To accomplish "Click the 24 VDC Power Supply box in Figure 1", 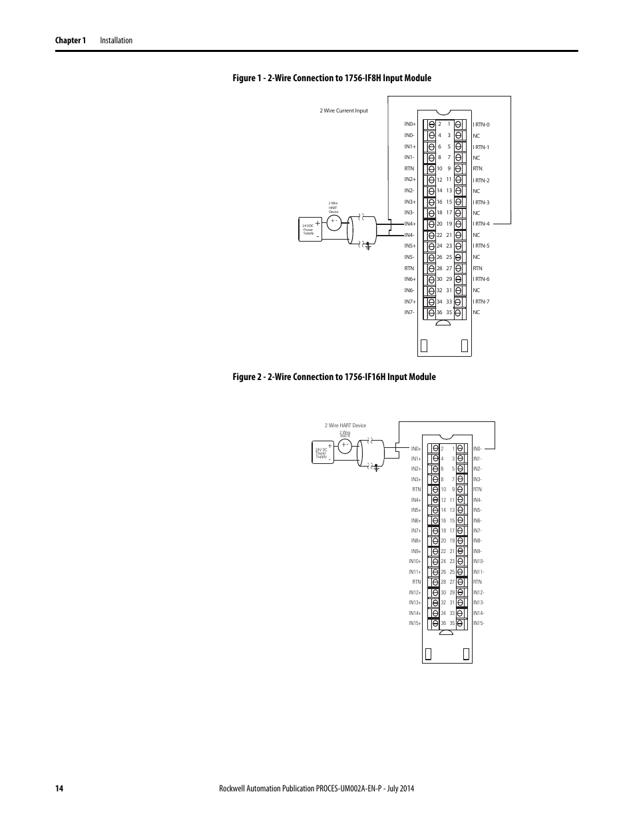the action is pos(310,230).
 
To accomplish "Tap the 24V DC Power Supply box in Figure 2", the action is pos(322,453).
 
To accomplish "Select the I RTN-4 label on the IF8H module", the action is pos(481,224).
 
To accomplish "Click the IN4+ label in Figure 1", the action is pos(409,224).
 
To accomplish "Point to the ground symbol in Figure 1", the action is pos(368,246).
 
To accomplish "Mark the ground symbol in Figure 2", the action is pos(376,467).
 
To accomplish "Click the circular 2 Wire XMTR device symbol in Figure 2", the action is pos(345,446).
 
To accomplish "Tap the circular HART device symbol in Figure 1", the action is pos(334,222).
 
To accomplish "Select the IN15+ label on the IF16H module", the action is pos(415,623).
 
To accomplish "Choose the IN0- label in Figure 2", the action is pos(477,449).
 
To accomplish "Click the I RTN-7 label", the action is pos(481,302).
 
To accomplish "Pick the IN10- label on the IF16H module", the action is pos(479,562).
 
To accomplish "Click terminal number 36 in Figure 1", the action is pos(439,312).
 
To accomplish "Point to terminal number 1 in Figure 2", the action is pos(453,449).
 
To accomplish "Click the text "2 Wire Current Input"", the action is pos(343,110).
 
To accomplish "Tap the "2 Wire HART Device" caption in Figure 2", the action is pos(345,425).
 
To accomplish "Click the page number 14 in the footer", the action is pos(59,789).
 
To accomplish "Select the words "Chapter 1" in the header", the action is pos(71,41).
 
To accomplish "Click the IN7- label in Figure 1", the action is pos(409,312).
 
